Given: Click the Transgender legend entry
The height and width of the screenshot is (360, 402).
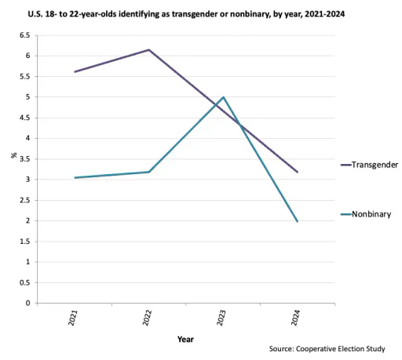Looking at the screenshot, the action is coord(369,165).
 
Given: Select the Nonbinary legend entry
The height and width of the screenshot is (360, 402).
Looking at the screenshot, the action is coord(366,214).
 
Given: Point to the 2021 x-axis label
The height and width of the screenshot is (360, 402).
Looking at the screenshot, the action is coord(73,318).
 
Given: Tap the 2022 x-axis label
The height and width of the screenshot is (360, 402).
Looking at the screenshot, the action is coord(148,318).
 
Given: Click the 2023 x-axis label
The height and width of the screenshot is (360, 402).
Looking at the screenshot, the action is coord(221,318).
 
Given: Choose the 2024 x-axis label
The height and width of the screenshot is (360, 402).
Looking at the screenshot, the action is coord(296,318).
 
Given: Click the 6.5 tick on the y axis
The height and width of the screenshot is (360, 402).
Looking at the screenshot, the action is coord(25,35).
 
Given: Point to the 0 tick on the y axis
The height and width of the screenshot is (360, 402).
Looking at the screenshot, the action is coord(28,304).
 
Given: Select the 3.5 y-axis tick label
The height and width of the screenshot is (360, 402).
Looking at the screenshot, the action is coord(25,159).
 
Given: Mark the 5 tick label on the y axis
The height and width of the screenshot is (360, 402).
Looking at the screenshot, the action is coord(28,97).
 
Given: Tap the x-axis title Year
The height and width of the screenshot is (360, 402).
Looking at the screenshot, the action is coord(185,340).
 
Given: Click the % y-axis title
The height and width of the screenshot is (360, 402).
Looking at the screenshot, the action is coord(14,155).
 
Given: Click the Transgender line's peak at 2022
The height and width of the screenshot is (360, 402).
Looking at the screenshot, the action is coord(148,49).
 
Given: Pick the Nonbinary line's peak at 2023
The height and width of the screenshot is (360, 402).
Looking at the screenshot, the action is coord(223,97).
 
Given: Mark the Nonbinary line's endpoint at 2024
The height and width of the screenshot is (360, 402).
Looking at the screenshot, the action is coord(298,221).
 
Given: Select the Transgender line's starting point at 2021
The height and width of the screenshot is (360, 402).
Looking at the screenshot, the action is coord(75,72).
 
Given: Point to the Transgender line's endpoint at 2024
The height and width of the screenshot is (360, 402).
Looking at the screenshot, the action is coord(298,172).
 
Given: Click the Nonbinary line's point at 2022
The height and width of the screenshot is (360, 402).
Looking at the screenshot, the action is coord(148,172).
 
